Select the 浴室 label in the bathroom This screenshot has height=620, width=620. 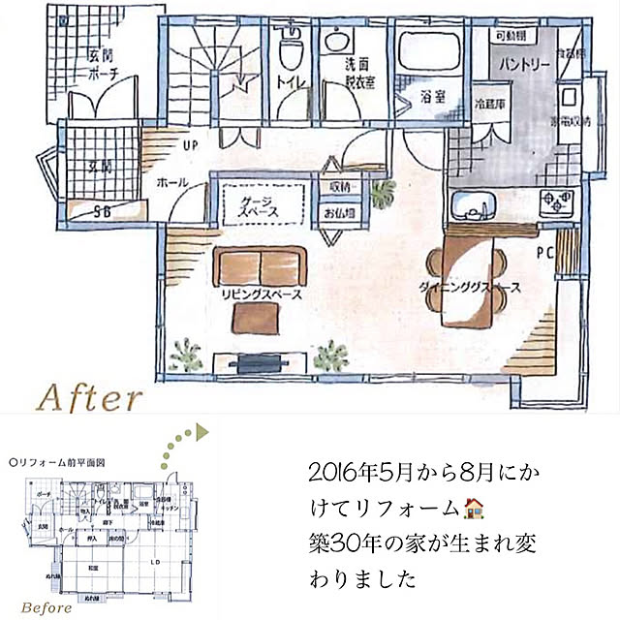click(433, 97)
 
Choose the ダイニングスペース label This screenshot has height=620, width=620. click(471, 288)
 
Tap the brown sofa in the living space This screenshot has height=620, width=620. click(259, 266)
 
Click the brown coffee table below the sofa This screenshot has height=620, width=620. click(258, 318)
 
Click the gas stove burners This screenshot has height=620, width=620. click(557, 203)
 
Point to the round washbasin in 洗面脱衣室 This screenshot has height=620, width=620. click(336, 41)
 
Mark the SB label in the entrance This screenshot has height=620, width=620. click(101, 211)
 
